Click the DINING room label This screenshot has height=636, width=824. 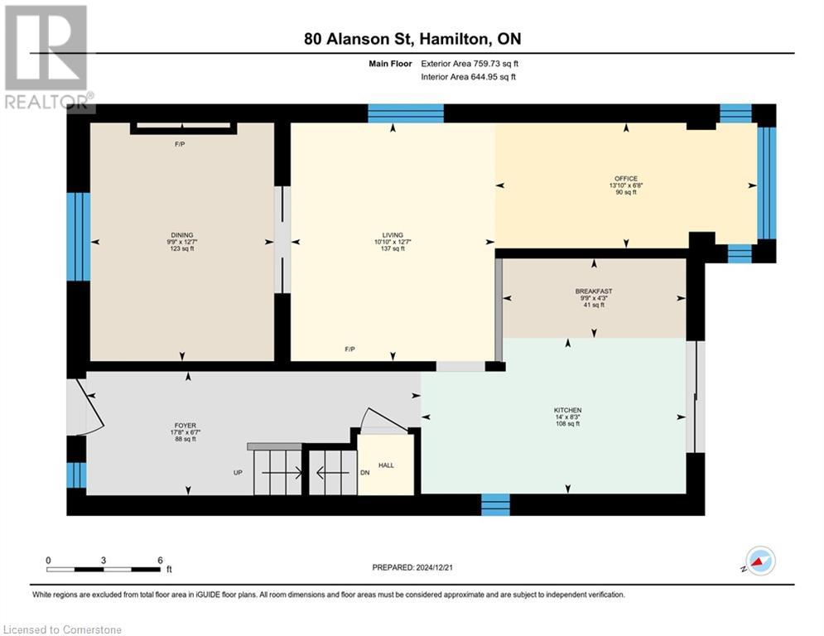[182, 235]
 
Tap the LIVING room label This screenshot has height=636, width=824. [393, 235]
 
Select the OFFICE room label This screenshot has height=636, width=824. [626, 179]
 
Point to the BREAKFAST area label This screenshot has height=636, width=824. [594, 291]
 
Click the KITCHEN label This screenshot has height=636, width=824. [567, 410]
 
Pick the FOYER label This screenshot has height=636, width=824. [185, 426]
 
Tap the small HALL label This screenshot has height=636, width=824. [386, 465]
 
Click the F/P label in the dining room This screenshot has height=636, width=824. [180, 144]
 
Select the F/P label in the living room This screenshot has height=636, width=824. [350, 349]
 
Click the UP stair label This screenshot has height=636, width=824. [238, 473]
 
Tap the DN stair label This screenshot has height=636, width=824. [365, 473]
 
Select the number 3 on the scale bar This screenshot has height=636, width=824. [104, 561]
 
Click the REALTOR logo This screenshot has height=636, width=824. [48, 57]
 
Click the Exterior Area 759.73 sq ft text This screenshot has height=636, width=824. [470, 64]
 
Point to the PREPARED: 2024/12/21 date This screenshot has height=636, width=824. [412, 567]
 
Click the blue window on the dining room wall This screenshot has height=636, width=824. [79, 237]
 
